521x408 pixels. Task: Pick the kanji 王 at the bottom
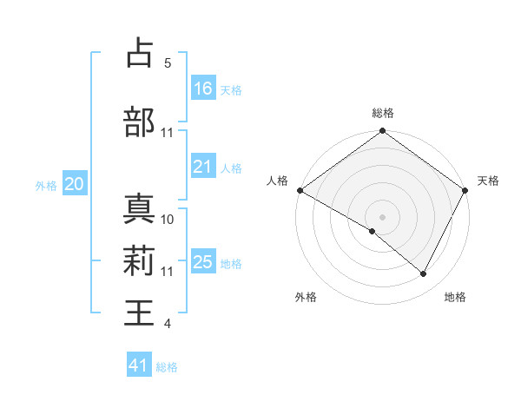[x=140, y=312]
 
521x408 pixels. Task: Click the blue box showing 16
[x=203, y=88]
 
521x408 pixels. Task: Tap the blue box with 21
[x=203, y=167]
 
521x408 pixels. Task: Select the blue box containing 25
[x=203, y=262]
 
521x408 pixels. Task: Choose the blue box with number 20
[x=75, y=184]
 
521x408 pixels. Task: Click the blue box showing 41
[x=139, y=365]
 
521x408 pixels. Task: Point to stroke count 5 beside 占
[x=167, y=63]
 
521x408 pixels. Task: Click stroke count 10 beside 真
[x=168, y=219]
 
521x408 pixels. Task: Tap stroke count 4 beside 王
[x=167, y=324]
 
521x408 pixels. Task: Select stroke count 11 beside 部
[x=168, y=133]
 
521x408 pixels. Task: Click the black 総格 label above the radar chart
[x=383, y=113]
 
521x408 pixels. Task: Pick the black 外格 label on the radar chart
[x=306, y=297]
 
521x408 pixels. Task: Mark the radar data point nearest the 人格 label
[x=300, y=190]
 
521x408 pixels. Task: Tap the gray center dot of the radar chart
[x=383, y=216]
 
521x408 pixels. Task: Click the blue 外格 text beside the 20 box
[x=46, y=185]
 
